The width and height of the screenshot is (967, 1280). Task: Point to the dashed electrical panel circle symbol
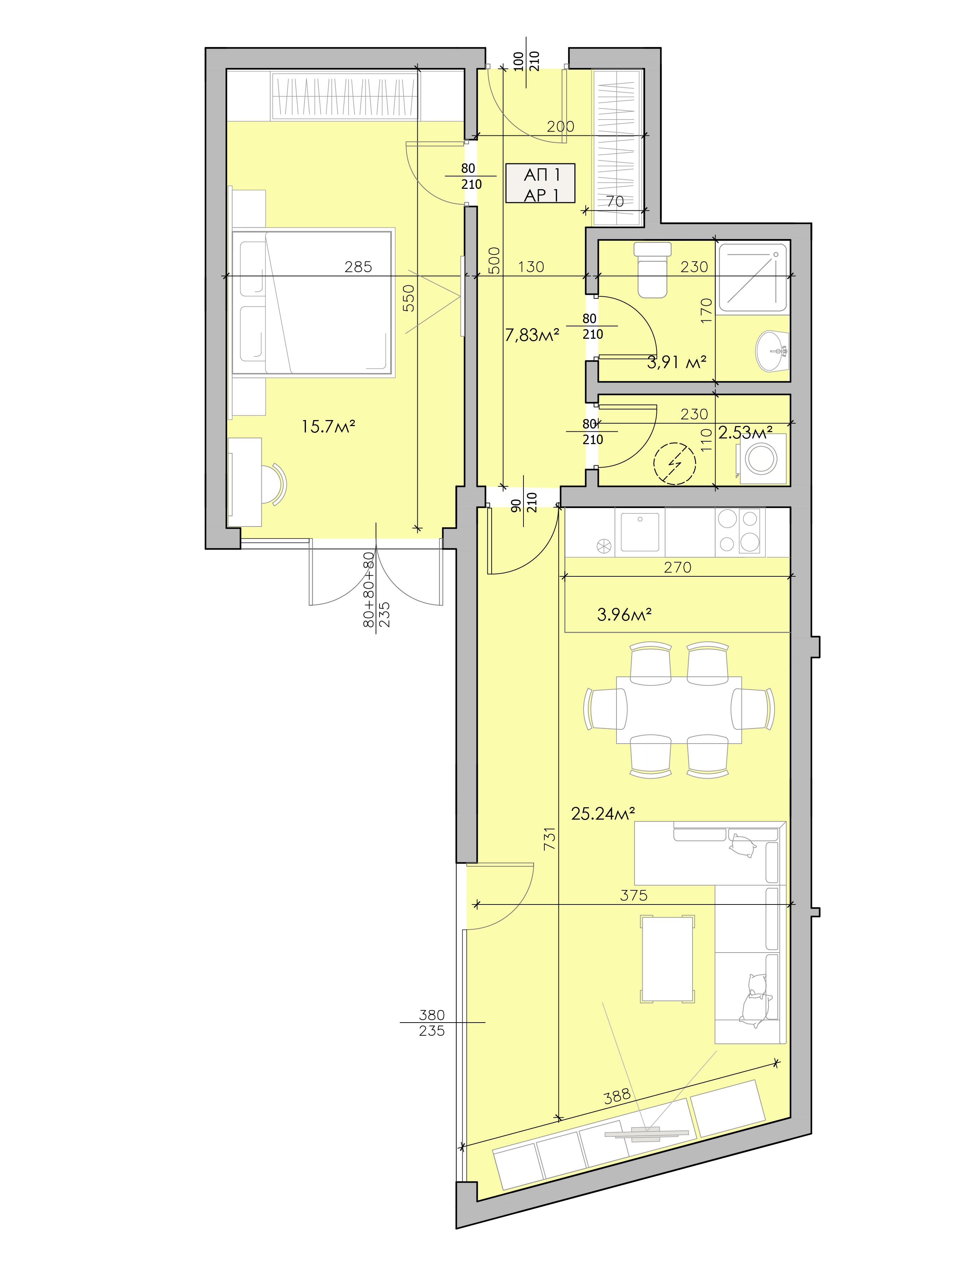click(x=674, y=463)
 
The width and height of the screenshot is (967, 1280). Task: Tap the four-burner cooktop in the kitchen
click(x=740, y=531)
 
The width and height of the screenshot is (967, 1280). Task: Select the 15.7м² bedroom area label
click(x=328, y=427)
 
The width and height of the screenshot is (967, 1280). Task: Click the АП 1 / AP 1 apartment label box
click(x=540, y=184)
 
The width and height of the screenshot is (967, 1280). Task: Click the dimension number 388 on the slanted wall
click(x=617, y=1095)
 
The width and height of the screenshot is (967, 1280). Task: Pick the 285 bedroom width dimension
click(x=358, y=267)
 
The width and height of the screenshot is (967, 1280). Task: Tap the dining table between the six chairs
click(x=679, y=710)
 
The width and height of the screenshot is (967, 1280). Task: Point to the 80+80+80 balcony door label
click(x=369, y=590)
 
